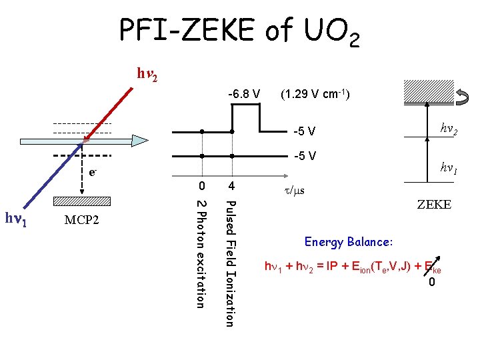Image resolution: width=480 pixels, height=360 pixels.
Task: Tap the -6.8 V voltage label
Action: [x=244, y=92]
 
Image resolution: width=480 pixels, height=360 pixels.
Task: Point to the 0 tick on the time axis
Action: [x=201, y=185]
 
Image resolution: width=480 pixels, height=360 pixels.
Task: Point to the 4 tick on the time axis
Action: [x=231, y=185]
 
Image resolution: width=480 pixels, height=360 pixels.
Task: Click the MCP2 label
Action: [x=82, y=219]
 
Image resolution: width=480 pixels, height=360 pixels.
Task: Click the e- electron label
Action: [x=93, y=172]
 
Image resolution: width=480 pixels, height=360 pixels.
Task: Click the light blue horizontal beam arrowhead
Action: [x=139, y=141]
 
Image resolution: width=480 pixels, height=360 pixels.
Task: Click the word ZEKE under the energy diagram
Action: [x=433, y=205]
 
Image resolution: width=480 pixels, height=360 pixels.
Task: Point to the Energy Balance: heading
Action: [x=349, y=240]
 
